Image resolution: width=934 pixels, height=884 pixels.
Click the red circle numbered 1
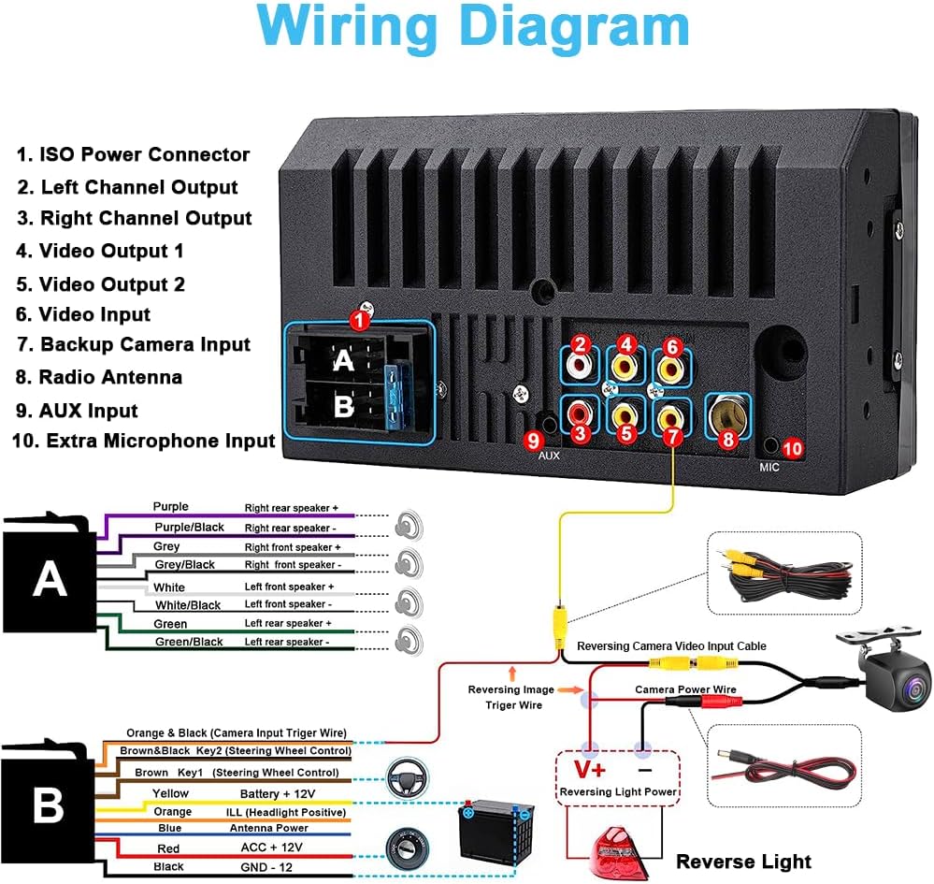[359, 319]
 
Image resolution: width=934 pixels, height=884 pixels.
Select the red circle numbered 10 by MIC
[792, 449]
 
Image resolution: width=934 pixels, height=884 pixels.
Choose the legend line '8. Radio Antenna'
[99, 377]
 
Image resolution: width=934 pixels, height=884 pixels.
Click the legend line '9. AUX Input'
[77, 411]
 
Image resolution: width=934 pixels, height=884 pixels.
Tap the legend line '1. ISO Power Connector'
[134, 154]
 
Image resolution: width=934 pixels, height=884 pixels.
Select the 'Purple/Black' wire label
[189, 527]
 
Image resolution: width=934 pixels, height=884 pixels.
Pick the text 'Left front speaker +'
[289, 587]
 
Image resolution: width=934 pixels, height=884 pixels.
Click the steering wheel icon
[409, 776]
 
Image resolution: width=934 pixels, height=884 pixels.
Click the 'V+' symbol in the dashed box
[589, 770]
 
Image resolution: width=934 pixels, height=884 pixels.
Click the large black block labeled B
[48, 805]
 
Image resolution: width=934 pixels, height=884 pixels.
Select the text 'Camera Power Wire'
[685, 689]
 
